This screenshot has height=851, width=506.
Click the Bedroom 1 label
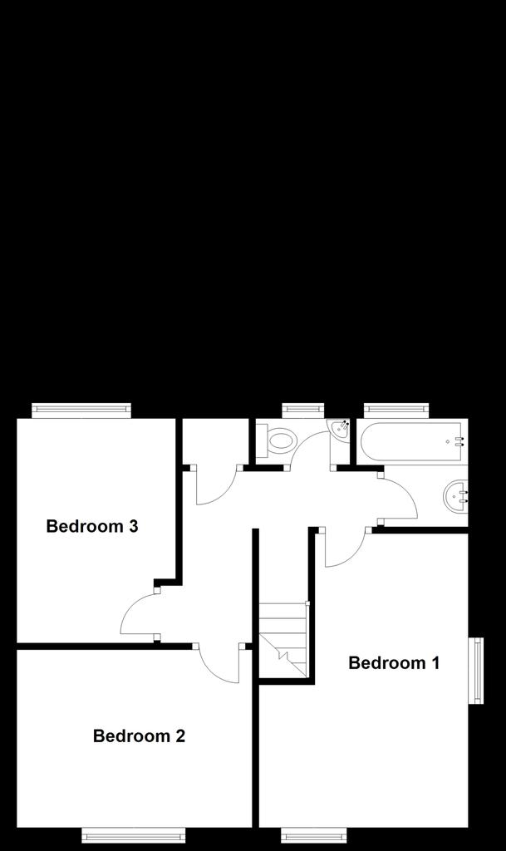394,662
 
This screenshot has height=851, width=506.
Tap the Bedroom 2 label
139,736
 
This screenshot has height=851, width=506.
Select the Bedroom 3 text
92,526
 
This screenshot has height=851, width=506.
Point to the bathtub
412,442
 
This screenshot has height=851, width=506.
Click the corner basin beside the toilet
341,428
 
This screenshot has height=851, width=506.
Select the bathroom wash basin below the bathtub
455,494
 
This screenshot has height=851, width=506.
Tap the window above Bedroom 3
81,411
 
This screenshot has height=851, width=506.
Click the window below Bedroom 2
134,835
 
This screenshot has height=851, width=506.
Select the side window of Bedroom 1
475,671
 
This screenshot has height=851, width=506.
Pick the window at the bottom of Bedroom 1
313,835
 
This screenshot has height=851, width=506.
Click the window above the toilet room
303,411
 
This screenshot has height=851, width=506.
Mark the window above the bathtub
395,411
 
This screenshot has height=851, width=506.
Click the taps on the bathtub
460,441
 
